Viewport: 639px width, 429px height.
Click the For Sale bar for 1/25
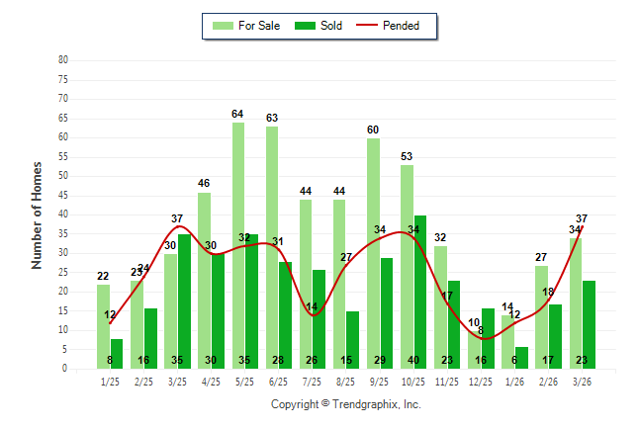coord(103,326)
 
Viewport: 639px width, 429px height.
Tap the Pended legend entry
coord(403,26)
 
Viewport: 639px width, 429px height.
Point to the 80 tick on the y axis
coord(62,59)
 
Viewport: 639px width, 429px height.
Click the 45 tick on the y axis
coord(62,195)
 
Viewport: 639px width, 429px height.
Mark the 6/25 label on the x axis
coord(279,381)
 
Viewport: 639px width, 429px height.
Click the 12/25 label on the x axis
coord(481,381)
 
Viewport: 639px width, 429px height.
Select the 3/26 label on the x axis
coord(583,381)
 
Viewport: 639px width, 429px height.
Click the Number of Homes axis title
coord(38,214)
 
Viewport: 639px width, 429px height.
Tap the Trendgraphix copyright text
coord(346,404)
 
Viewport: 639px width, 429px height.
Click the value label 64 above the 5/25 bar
coord(237,115)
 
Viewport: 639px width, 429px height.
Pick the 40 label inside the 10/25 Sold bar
coord(419,361)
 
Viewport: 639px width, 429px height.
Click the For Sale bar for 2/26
coord(541,316)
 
